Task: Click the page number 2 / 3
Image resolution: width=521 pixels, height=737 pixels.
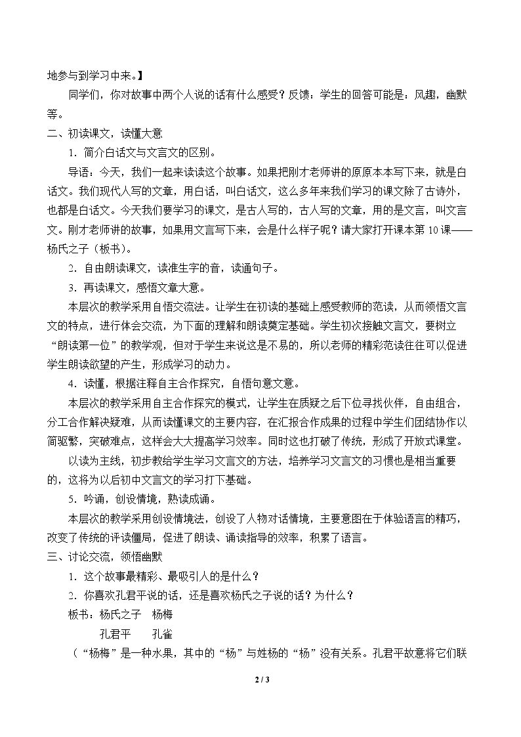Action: (260, 679)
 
